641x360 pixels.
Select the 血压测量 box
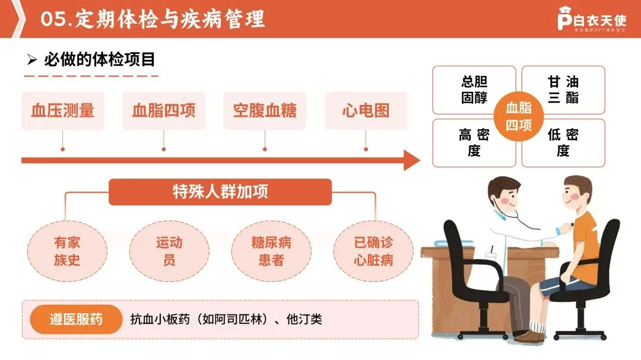(63, 111)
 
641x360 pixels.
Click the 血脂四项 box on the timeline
(164, 111)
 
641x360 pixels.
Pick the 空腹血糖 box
(265, 111)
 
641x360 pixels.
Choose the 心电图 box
(366, 111)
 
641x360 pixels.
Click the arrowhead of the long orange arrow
(411, 160)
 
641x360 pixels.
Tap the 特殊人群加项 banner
(220, 192)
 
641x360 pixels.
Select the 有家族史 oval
(67, 251)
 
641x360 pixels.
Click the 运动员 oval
(169, 251)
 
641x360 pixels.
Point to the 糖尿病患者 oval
(271, 251)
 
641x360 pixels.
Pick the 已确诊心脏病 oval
(373, 251)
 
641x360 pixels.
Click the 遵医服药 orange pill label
(76, 320)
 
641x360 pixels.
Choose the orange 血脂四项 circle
(519, 116)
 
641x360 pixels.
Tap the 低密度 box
(564, 143)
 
